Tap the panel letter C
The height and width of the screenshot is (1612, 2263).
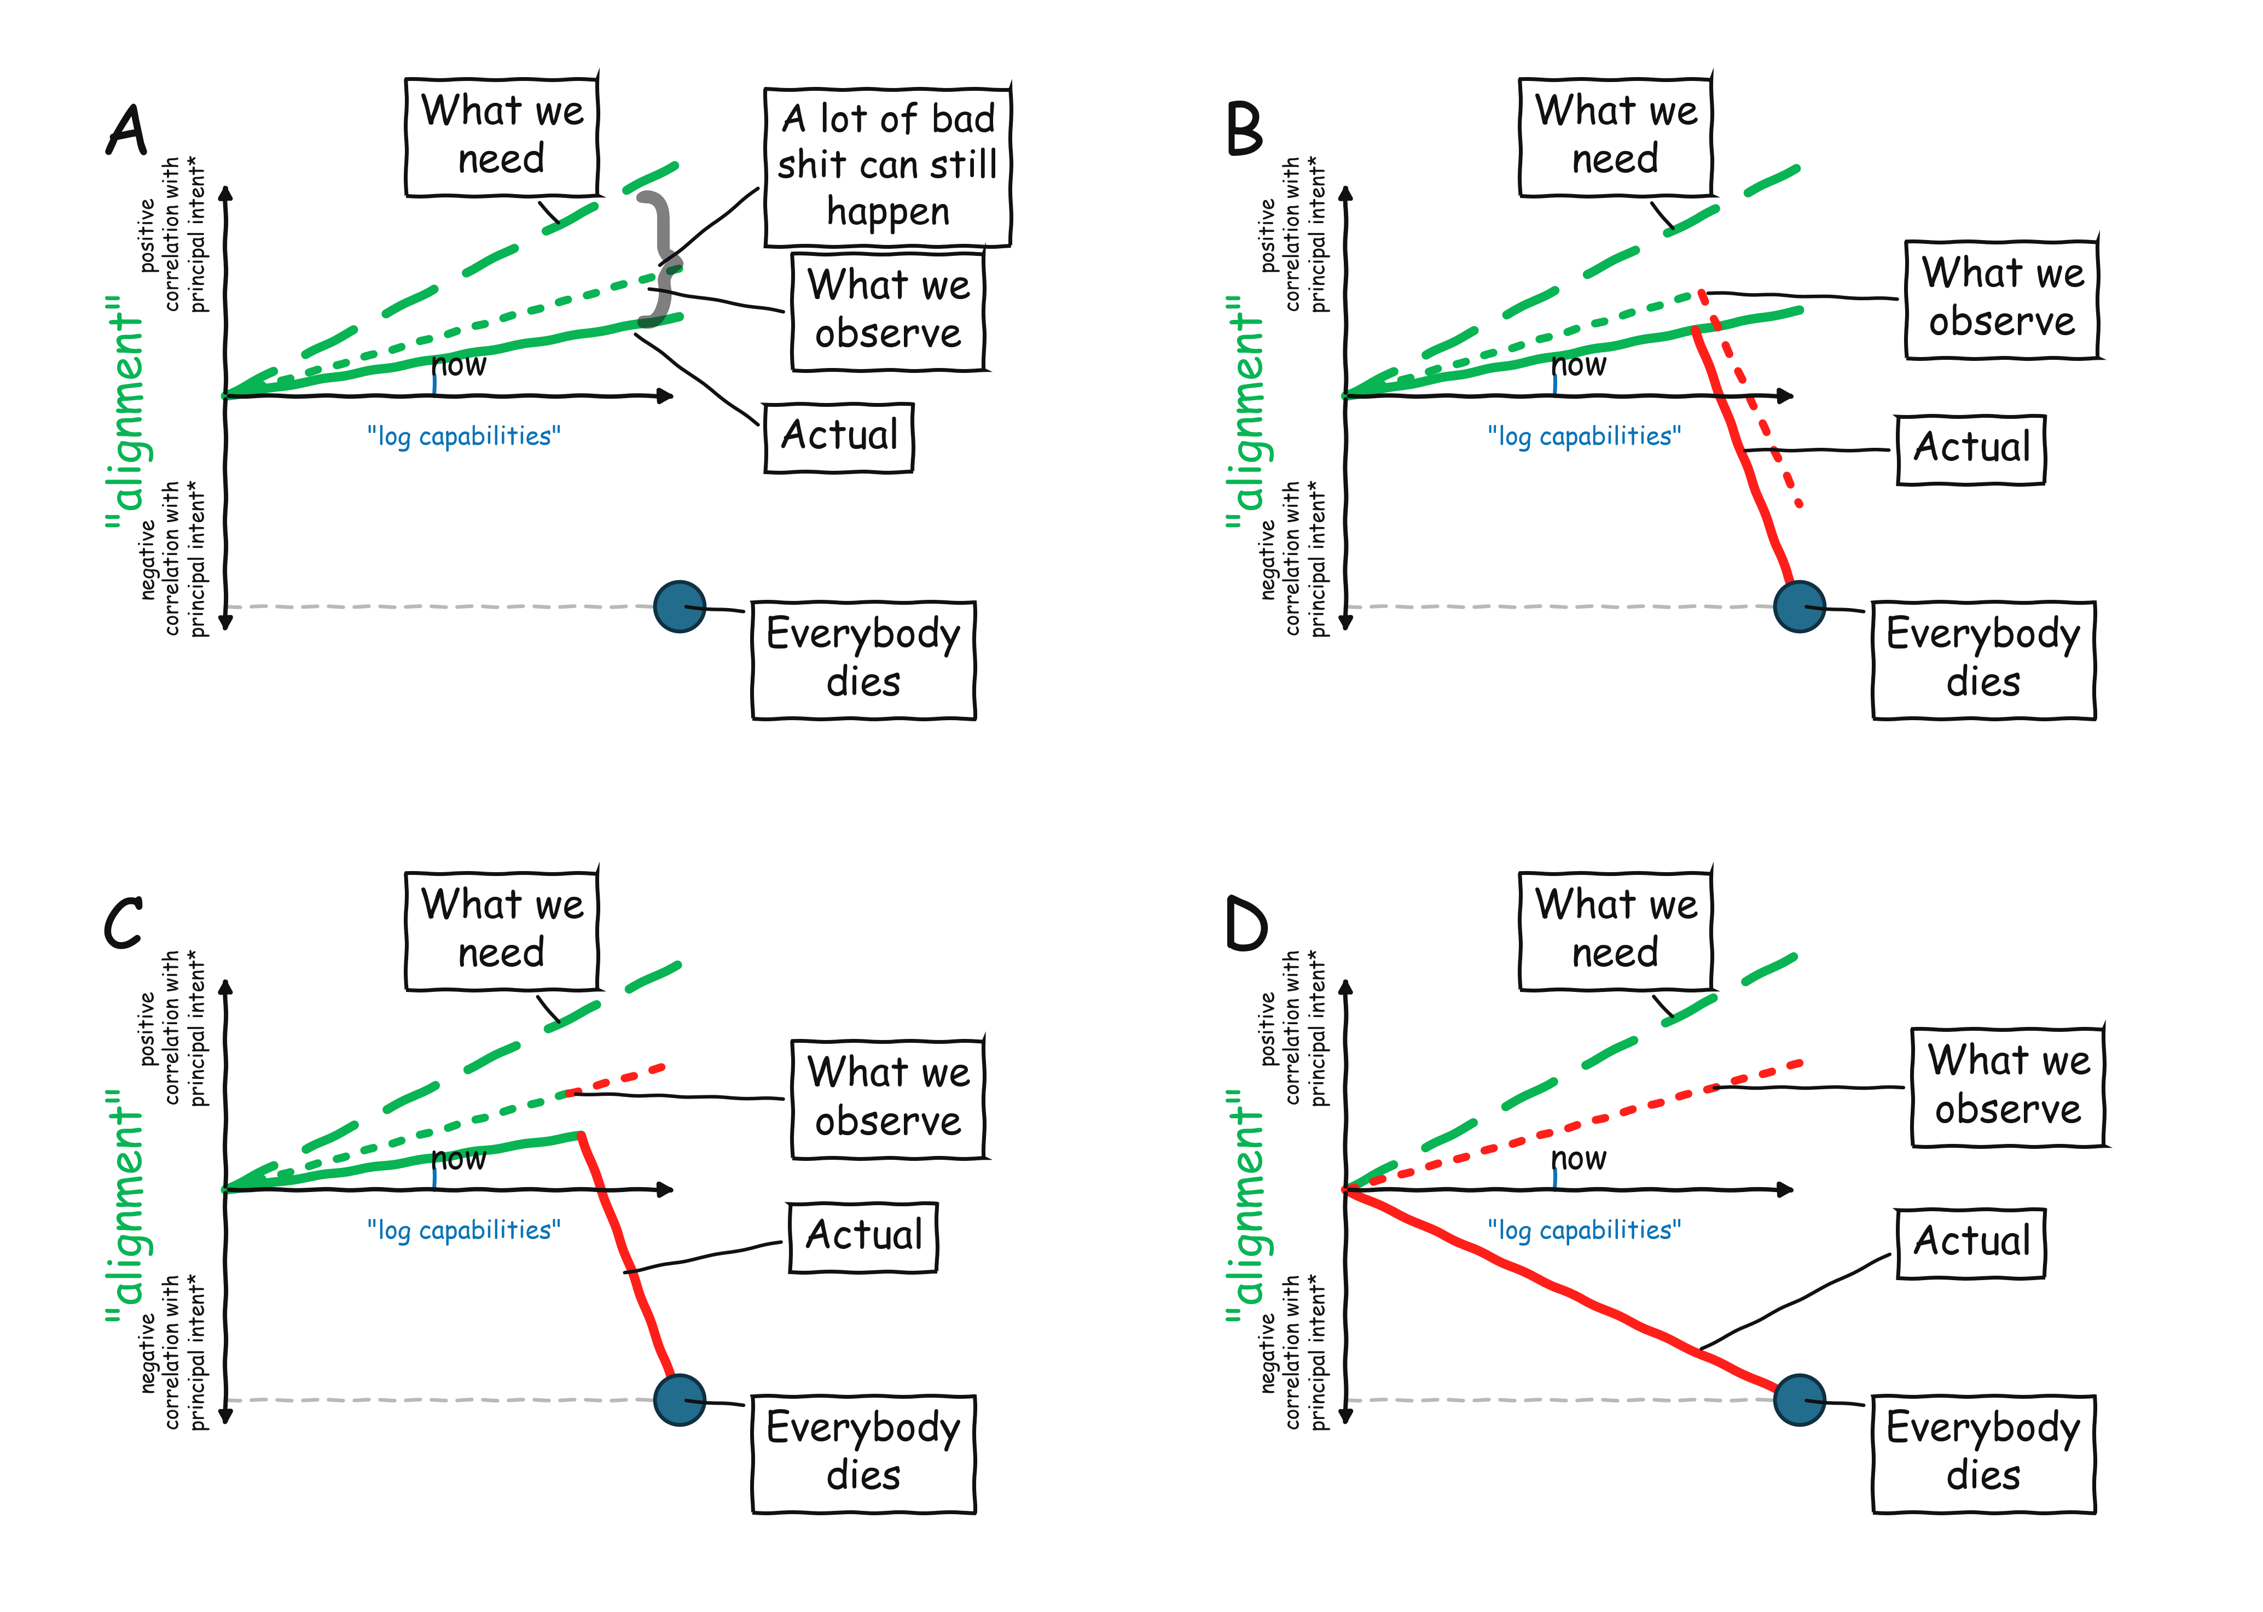[124, 923]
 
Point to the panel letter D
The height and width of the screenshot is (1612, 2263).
[1246, 923]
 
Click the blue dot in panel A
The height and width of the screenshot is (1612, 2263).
[680, 606]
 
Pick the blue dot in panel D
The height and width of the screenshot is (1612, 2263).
[1799, 1400]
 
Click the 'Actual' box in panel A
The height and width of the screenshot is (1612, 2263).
[839, 437]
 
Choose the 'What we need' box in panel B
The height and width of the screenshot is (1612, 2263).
[1616, 136]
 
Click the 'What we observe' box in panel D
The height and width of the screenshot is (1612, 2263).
[2008, 1087]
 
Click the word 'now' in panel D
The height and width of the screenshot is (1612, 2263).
[1579, 1158]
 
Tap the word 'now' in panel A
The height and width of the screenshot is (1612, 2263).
[459, 365]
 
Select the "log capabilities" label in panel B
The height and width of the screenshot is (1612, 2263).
[1584, 437]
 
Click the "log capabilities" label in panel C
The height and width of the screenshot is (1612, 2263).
[464, 1231]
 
